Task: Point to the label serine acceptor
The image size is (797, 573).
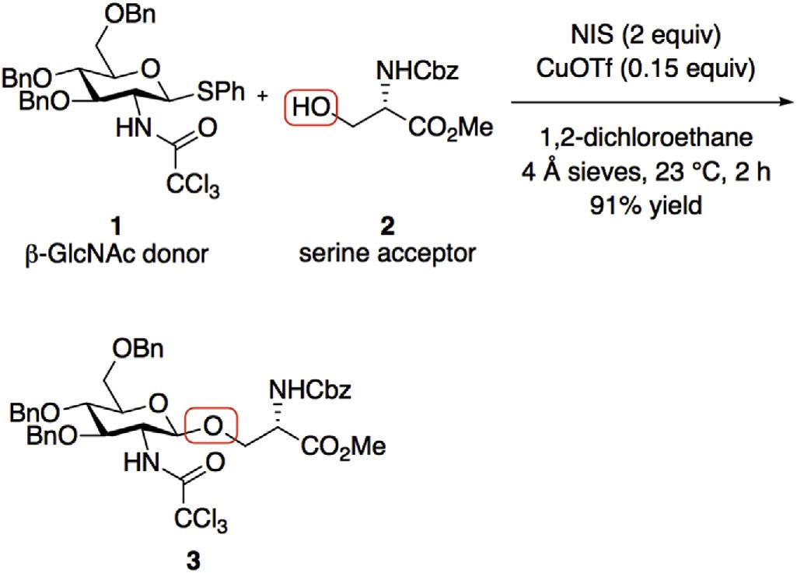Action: pyautogui.click(x=386, y=253)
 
